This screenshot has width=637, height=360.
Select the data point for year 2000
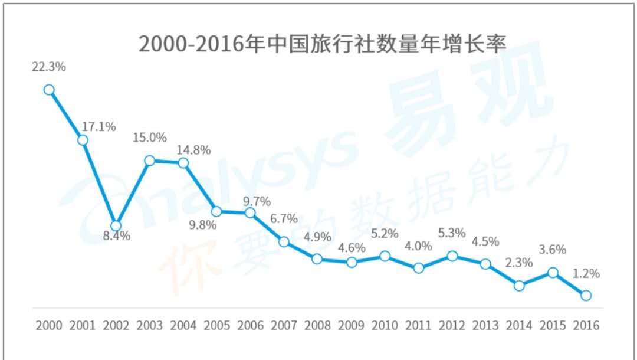49,90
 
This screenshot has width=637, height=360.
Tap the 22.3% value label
49,67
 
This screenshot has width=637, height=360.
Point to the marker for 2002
116,225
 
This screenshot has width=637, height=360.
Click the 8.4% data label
116,236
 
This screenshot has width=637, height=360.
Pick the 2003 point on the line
150,161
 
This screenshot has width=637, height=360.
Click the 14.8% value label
193,149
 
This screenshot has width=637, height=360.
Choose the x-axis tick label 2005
217,325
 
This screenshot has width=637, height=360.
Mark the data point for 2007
284,242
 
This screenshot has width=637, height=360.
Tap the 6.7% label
284,218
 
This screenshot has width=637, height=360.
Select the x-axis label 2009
351,325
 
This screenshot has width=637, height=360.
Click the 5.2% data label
385,234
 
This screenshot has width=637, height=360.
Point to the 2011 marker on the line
419,268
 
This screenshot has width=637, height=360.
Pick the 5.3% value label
452,234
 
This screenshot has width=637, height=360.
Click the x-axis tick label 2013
485,325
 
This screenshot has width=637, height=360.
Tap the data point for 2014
519,285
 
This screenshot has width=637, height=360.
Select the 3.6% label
553,249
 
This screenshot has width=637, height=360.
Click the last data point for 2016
586,295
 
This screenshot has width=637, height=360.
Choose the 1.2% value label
586,273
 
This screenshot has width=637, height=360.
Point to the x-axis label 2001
83,325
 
